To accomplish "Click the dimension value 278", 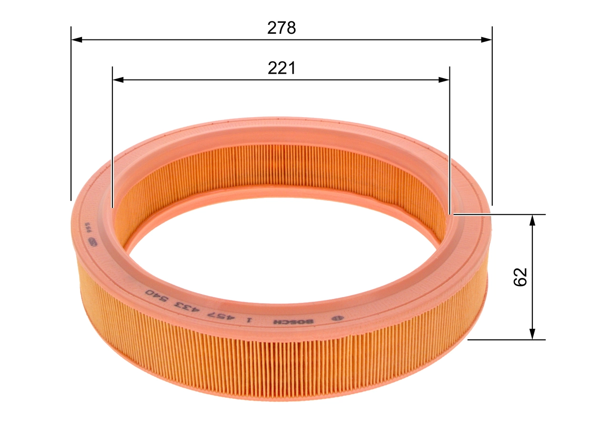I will pyautogui.click(x=281, y=28).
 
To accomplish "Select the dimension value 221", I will pyautogui.click(x=281, y=69).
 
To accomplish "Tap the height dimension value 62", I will pyautogui.click(x=520, y=277).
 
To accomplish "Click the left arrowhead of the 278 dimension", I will pyautogui.click(x=76, y=40).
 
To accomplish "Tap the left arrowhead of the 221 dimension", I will pyautogui.click(x=118, y=80).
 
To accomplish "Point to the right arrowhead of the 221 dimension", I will pyautogui.click(x=444, y=80).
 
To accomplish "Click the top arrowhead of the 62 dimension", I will pyautogui.click(x=533, y=220).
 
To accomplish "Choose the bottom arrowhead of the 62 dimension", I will pyautogui.click(x=533, y=334).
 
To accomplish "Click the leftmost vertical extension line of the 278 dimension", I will pyautogui.click(x=71, y=119).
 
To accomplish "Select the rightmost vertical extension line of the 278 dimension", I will pyautogui.click(x=492, y=119).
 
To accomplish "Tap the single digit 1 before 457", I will pyautogui.click(x=249, y=320).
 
